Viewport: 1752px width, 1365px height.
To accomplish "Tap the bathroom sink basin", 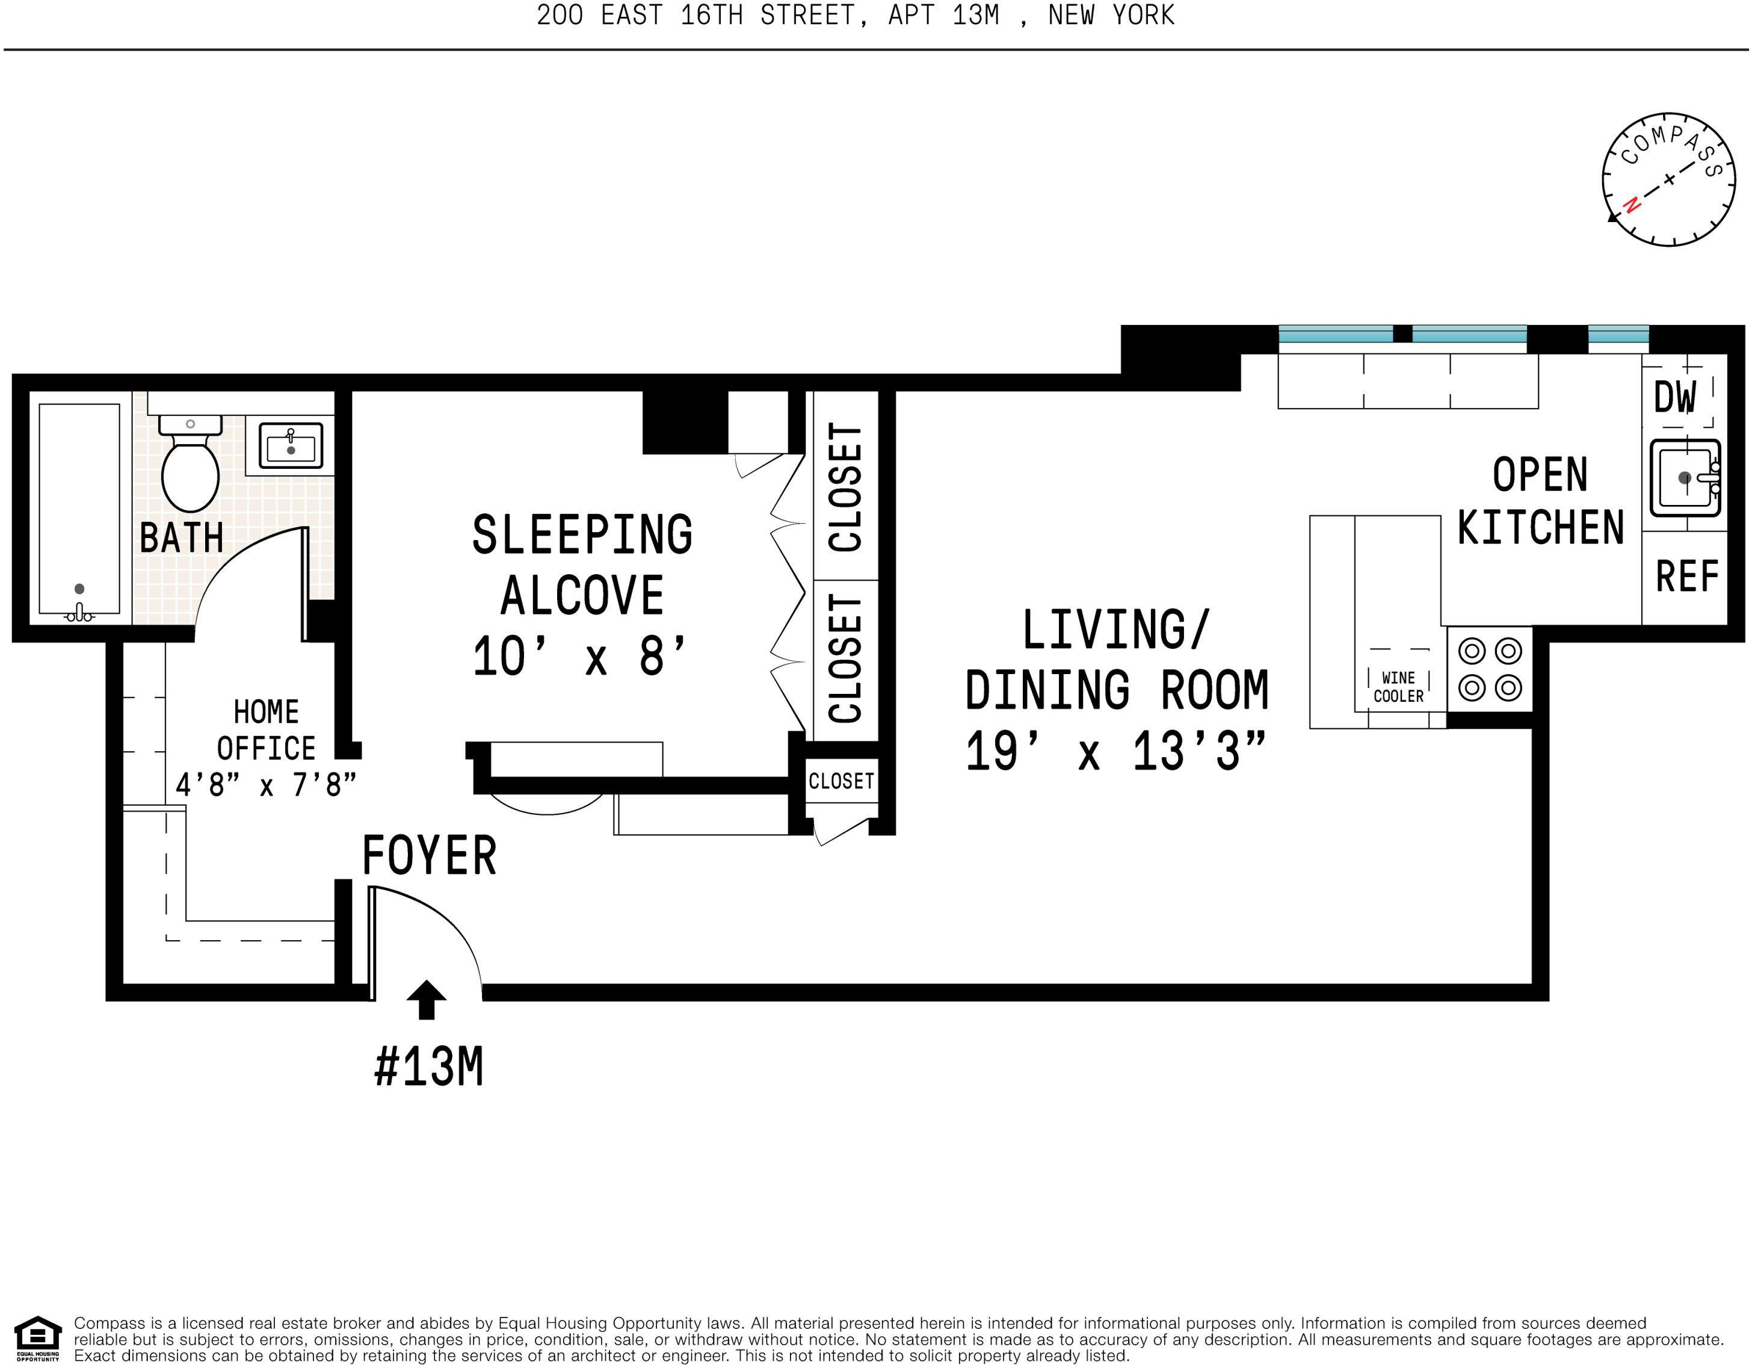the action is (x=291, y=445).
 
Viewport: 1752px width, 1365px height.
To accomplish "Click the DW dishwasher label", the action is (x=1676, y=397).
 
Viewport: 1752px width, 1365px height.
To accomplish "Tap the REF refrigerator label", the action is (x=1687, y=576).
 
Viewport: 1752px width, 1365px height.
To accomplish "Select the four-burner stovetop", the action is (x=1490, y=669).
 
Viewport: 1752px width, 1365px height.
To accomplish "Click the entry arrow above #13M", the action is (x=426, y=1000).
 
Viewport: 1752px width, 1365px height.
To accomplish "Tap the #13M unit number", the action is (x=429, y=1067).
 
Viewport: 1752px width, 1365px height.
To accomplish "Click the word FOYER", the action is (x=429, y=855).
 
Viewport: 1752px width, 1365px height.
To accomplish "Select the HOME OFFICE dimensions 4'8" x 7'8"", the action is (x=265, y=785).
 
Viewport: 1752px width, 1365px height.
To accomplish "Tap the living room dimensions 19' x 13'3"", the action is (x=1116, y=752).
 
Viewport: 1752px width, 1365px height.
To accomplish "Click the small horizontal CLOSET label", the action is (x=841, y=781).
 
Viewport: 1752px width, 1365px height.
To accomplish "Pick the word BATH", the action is (x=181, y=537).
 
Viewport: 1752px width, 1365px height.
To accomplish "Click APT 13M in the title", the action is (x=943, y=15).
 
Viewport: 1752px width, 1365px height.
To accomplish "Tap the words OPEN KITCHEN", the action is (x=1540, y=501).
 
